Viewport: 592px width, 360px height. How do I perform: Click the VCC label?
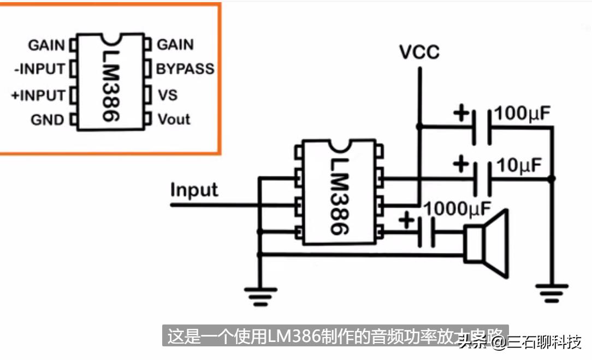[419, 52]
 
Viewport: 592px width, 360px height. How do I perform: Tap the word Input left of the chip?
[194, 190]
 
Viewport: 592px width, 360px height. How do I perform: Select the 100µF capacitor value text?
[522, 114]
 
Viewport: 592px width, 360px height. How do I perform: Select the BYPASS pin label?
[185, 69]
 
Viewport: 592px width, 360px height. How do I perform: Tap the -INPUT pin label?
[38, 70]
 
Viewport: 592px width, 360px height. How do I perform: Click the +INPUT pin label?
[38, 95]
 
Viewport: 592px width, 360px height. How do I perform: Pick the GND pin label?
[47, 120]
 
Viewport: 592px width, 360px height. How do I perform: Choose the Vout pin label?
[174, 119]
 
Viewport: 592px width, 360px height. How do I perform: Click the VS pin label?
[168, 95]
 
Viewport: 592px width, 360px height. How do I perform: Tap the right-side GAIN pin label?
[175, 45]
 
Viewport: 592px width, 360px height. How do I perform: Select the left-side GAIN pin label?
[46, 45]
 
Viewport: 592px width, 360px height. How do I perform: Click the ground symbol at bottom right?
[552, 292]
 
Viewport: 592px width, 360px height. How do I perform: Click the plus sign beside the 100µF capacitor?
[461, 114]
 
